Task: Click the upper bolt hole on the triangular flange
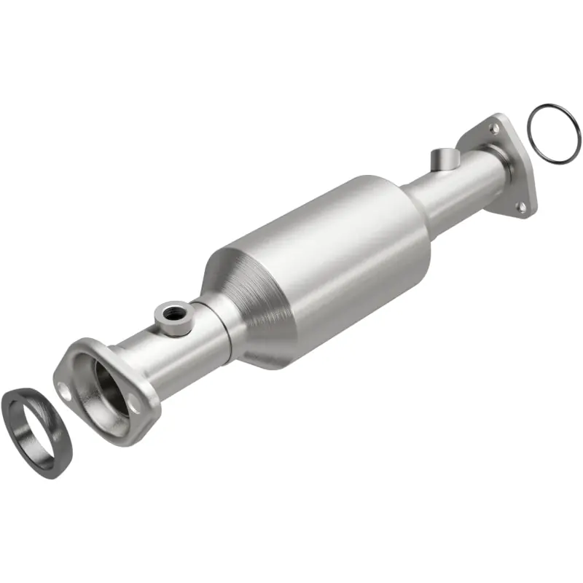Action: point(496,129)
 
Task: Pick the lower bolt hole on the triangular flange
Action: point(520,207)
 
